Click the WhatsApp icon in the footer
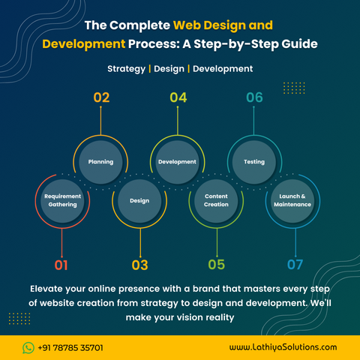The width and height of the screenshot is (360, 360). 28,348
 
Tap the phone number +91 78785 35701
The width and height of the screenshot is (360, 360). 70,348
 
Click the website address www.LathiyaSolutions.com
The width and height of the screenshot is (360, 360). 283,347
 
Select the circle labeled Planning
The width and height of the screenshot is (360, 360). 100,162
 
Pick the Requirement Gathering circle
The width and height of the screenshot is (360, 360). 62,201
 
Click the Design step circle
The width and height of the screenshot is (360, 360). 139,201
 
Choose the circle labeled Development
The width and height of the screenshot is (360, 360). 177,162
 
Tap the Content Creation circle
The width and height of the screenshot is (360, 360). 216,201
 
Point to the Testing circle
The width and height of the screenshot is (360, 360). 254,162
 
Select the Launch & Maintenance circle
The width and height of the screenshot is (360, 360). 292,201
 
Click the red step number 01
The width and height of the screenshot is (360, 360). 61,265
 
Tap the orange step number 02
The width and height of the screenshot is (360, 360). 101,97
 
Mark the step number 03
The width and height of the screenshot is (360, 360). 140,265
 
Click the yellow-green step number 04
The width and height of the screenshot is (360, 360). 178,97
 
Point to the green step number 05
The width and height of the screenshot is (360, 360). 217,265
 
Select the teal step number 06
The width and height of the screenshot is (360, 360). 254,97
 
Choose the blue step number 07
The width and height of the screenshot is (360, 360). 295,265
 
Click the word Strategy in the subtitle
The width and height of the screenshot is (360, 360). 126,69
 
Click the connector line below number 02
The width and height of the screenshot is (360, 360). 100,121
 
